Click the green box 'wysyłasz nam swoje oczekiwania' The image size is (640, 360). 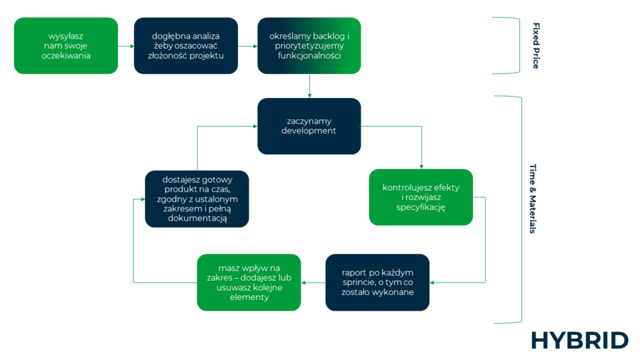[x=66, y=46]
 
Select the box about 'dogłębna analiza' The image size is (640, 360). [x=186, y=46]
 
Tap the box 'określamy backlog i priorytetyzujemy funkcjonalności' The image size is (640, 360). [x=309, y=46]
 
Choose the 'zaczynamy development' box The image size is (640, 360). [x=309, y=126]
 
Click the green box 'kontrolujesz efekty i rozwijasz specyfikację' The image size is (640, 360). [x=421, y=197]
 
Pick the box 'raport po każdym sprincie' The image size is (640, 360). [x=377, y=282]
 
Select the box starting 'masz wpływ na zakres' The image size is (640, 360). [x=249, y=282]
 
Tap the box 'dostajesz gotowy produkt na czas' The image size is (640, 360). [x=197, y=199]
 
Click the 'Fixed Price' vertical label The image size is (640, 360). [x=536, y=46]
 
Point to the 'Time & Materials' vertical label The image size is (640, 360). [x=532, y=199]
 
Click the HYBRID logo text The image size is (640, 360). [x=579, y=341]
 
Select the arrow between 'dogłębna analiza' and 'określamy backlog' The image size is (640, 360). [x=249, y=46]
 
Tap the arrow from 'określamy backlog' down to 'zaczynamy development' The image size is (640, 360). [x=309, y=86]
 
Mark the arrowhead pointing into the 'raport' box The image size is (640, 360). [x=432, y=282]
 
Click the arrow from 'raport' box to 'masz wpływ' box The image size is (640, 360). [x=313, y=282]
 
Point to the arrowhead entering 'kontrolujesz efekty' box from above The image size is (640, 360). [x=421, y=166]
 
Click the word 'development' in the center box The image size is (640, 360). [x=309, y=131]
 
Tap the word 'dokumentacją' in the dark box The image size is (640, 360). [x=197, y=219]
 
